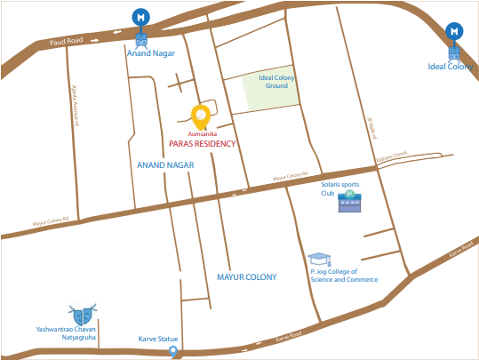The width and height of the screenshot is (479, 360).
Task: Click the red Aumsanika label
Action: (x=204, y=133)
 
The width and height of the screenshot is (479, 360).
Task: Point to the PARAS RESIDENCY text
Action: (x=202, y=143)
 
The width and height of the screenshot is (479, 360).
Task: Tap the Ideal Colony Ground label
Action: (x=276, y=83)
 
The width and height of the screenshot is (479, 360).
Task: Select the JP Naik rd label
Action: (x=371, y=129)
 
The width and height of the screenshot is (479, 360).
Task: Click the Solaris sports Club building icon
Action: (x=349, y=203)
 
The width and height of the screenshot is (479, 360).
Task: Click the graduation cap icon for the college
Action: (x=317, y=260)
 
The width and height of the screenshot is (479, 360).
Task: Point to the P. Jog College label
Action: (x=343, y=276)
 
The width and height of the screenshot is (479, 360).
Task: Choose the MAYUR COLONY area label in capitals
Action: (x=246, y=276)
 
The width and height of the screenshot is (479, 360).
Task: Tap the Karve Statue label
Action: (x=158, y=339)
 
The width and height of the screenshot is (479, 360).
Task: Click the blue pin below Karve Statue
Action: (x=174, y=354)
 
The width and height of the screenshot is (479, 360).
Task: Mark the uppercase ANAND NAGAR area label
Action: (x=165, y=165)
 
